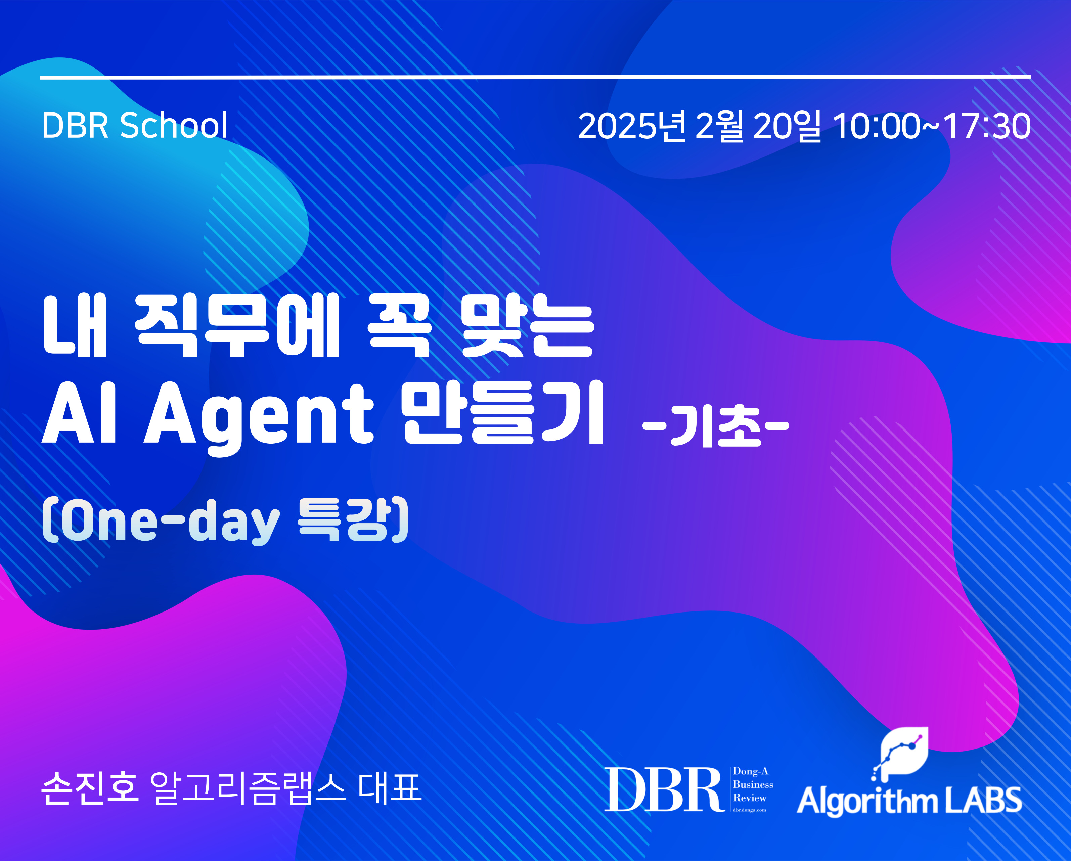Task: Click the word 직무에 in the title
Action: (x=237, y=325)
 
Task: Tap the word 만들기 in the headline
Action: (x=503, y=412)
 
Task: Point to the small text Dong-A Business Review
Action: (x=753, y=785)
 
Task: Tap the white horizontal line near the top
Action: (x=535, y=77)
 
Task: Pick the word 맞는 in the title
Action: (x=528, y=325)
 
